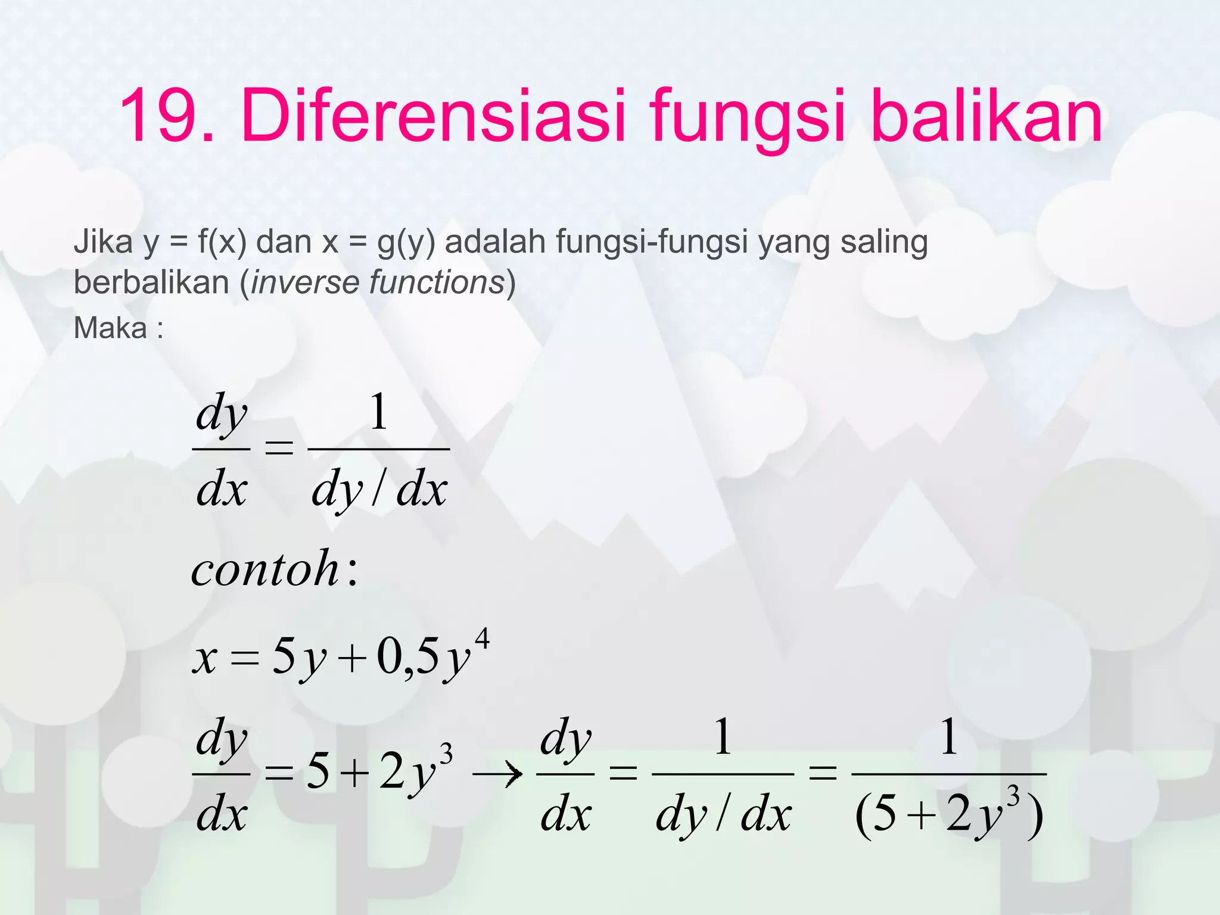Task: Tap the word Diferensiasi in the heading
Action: coord(434,116)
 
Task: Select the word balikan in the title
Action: coord(986,116)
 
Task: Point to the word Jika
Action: coord(103,242)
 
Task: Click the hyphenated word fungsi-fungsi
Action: coord(652,243)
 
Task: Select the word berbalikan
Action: coord(151,282)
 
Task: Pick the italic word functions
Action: coord(437,282)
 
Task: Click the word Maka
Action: coord(110,328)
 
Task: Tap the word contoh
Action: coord(266,569)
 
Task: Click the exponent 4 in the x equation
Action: coord(482,639)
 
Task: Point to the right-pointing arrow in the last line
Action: coord(497,774)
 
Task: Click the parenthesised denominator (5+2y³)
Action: coord(948,815)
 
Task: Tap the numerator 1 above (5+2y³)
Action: coord(949,737)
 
